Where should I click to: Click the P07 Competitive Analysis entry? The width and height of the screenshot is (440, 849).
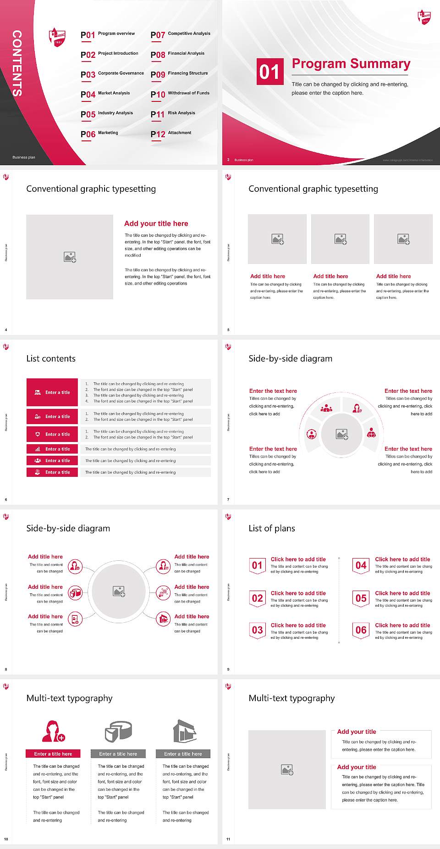(x=181, y=34)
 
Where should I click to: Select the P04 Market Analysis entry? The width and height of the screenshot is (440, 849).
(x=106, y=94)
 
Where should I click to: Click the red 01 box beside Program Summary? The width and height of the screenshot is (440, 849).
(x=269, y=72)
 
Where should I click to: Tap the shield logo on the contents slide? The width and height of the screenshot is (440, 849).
(x=57, y=37)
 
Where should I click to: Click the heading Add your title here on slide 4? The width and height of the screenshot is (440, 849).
(x=156, y=223)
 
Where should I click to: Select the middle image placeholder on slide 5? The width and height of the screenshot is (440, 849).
(x=340, y=239)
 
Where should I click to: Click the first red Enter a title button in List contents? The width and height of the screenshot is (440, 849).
(x=53, y=392)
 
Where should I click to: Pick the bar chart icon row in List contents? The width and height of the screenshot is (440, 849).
(x=53, y=449)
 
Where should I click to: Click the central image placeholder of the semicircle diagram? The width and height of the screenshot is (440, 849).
(x=341, y=434)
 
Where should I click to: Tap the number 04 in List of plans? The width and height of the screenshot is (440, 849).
(x=361, y=565)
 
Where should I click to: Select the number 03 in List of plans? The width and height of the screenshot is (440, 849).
(x=258, y=630)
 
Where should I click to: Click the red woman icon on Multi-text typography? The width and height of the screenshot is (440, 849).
(x=53, y=731)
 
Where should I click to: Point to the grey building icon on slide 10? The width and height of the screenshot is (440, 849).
(x=185, y=731)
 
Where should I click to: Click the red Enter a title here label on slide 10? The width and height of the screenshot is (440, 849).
(x=53, y=754)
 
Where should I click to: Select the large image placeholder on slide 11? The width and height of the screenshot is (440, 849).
(x=287, y=770)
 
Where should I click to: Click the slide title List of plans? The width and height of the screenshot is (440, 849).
(x=272, y=528)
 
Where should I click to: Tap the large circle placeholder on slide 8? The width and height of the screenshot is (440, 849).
(x=119, y=592)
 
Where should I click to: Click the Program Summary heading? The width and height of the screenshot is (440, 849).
(x=351, y=64)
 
